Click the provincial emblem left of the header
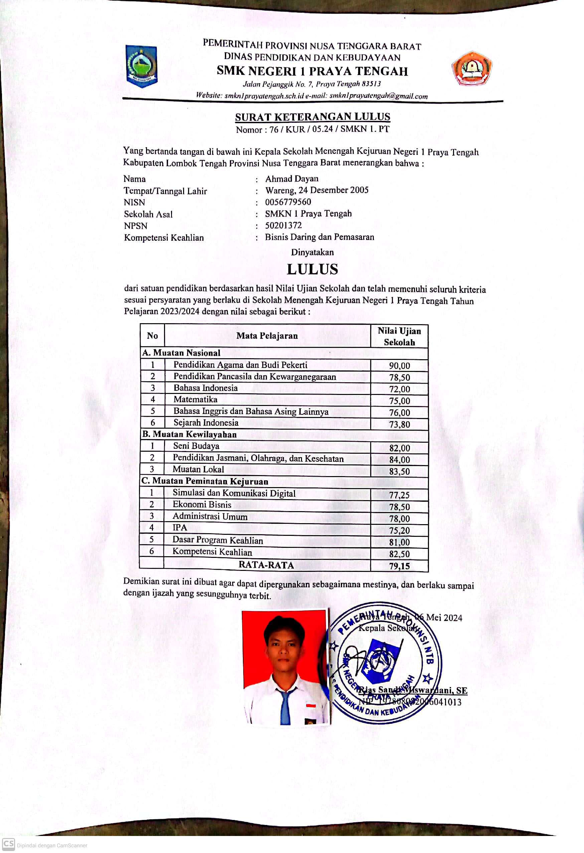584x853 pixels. (x=141, y=66)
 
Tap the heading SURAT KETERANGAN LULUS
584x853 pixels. (x=313, y=117)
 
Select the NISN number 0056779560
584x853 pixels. (x=288, y=202)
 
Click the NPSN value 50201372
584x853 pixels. (x=283, y=225)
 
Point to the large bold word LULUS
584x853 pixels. (x=312, y=269)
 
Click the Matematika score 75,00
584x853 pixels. (x=399, y=400)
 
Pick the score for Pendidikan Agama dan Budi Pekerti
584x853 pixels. (x=399, y=366)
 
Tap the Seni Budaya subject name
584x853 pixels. (x=196, y=446)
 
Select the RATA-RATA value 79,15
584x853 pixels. (x=399, y=566)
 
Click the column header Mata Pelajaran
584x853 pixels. (x=267, y=336)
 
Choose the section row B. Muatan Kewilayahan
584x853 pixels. (x=189, y=434)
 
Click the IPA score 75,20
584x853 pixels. (x=399, y=530)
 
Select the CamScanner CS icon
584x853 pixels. (x=8, y=844)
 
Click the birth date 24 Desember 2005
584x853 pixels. (x=333, y=190)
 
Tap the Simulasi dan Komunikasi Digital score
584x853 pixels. (x=399, y=495)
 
